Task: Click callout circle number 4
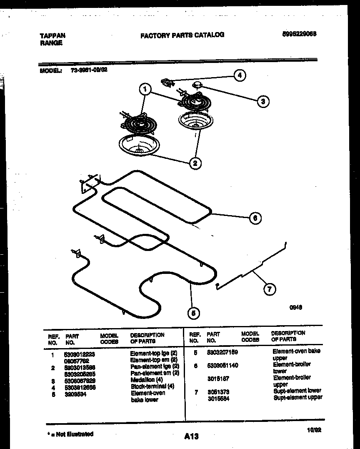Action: click(x=239, y=75)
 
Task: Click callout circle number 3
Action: click(x=262, y=101)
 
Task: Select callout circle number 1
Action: click(x=145, y=89)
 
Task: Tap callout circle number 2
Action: click(x=195, y=163)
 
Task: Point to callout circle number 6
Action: click(x=255, y=218)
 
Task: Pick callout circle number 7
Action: click(x=270, y=288)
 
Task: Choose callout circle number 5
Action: click(x=193, y=313)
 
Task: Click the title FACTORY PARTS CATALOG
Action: click(x=182, y=35)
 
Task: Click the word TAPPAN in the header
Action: click(x=52, y=36)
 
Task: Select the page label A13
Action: click(x=191, y=436)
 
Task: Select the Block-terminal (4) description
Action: click(x=152, y=386)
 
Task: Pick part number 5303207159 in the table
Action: click(x=222, y=352)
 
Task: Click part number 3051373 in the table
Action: click(x=218, y=392)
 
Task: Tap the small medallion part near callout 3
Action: click(x=196, y=85)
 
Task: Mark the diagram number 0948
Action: click(x=296, y=307)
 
